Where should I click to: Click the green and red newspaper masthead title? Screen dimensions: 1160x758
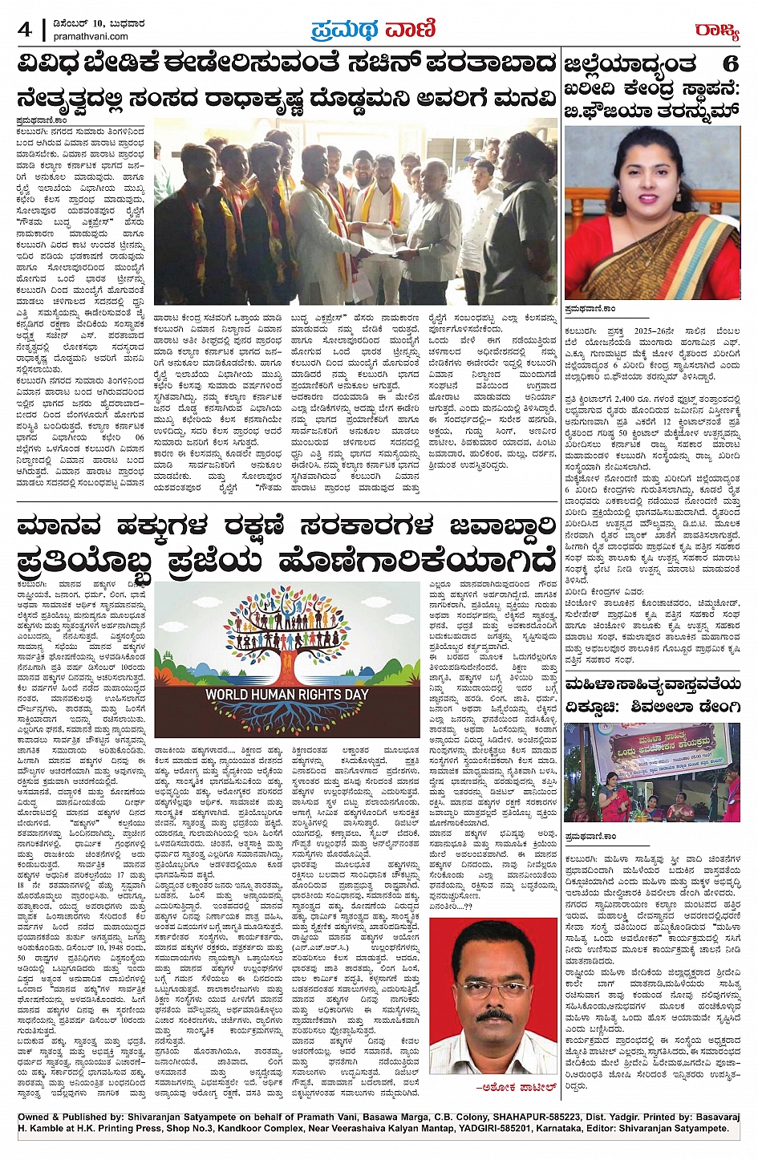[x=373, y=29]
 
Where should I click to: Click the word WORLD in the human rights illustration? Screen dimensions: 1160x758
[x=233, y=694]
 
